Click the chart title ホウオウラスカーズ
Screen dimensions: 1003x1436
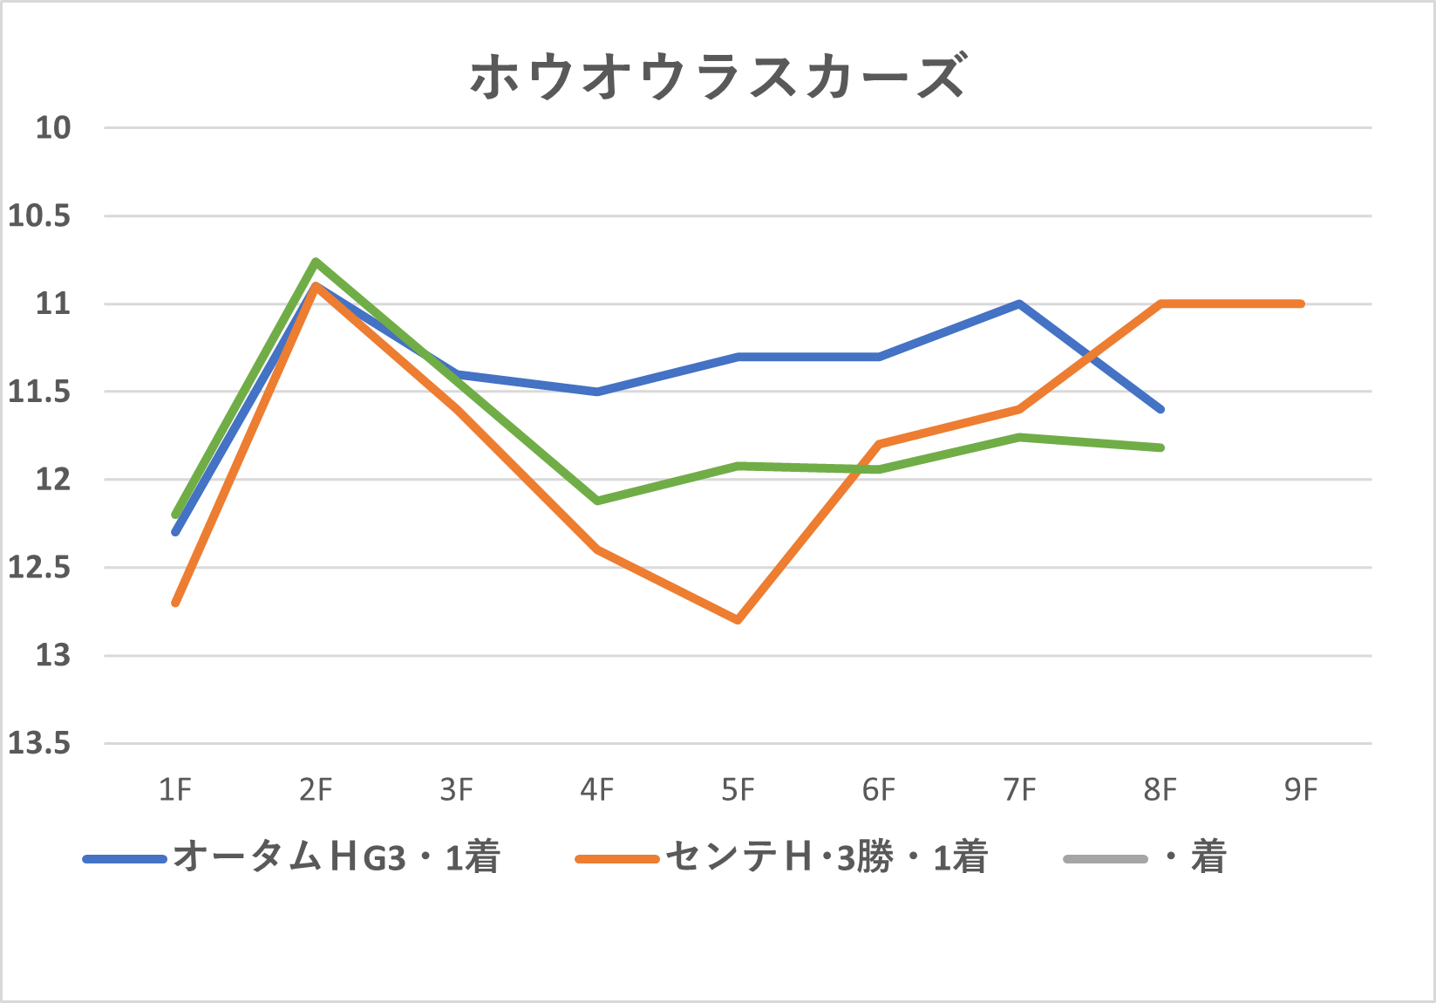pyautogui.click(x=718, y=77)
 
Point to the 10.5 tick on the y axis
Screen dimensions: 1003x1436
pyautogui.click(x=39, y=215)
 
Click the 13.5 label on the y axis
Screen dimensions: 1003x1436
pyautogui.click(x=39, y=743)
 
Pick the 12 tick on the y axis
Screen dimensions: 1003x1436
pyautogui.click(x=51, y=480)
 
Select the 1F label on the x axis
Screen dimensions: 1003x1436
pyautogui.click(x=175, y=790)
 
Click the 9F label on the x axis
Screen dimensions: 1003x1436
pyautogui.click(x=1301, y=790)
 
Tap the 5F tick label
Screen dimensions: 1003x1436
pyautogui.click(x=738, y=790)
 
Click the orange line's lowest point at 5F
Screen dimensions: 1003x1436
pyautogui.click(x=738, y=620)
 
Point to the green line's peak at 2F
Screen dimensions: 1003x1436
pyautogui.click(x=316, y=261)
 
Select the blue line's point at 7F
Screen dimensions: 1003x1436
pyautogui.click(x=1019, y=304)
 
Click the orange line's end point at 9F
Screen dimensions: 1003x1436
pyautogui.click(x=1301, y=304)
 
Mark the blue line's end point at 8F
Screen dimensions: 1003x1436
pyautogui.click(x=1160, y=409)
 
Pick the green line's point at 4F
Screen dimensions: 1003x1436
pyautogui.click(x=597, y=501)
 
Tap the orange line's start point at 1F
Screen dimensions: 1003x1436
pyautogui.click(x=175, y=603)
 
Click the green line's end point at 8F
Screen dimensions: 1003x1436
pyautogui.click(x=1160, y=447)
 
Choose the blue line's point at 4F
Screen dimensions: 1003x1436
pyautogui.click(x=597, y=392)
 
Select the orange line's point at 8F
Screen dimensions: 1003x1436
pyautogui.click(x=1160, y=304)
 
